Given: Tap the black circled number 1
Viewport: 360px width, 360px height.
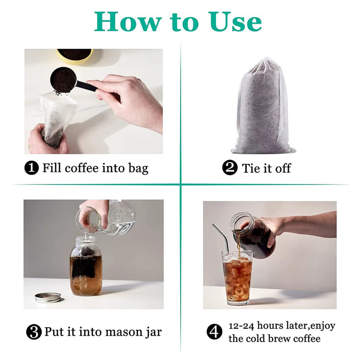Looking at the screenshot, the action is tap(31, 168).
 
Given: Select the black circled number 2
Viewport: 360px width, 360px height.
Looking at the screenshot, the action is tap(230, 168).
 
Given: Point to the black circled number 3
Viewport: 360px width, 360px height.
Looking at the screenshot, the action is tap(34, 332).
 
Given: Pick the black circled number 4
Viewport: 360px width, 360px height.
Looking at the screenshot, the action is tap(215, 332).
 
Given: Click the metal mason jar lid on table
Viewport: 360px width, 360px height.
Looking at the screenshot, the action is tap(49, 297).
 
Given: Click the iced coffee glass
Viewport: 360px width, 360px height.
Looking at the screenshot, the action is tap(237, 278).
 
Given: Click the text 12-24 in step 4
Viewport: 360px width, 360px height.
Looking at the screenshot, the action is tap(241, 325).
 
